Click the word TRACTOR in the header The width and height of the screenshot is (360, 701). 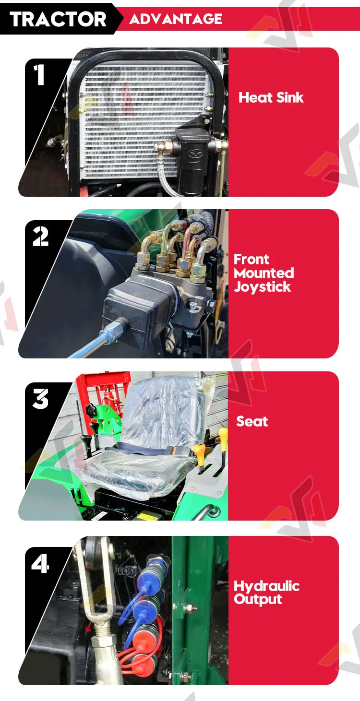58,19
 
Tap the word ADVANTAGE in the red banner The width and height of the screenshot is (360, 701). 176,19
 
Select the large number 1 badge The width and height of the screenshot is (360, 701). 39,75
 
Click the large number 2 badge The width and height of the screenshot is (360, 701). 40,237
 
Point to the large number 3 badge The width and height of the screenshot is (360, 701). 40,399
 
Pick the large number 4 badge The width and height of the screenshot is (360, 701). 40,563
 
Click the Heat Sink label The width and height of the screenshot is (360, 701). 271,97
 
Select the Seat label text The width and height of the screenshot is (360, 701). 252,421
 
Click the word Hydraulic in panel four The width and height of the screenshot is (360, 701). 267,586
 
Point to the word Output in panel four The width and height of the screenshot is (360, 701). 258,599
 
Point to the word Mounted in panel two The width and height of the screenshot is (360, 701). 264,273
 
